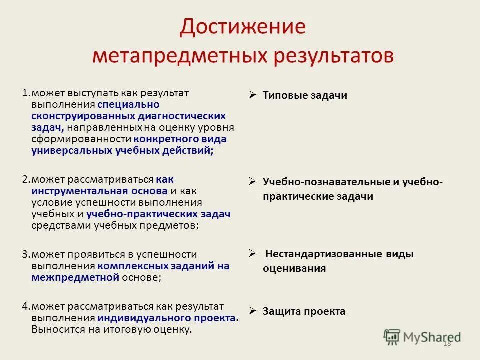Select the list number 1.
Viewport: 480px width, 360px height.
[25, 93]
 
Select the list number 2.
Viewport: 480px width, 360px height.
[25, 180]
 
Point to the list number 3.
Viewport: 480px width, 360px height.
[25, 255]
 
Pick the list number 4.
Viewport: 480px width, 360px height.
[25, 307]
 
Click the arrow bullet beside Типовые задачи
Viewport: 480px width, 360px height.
[252, 95]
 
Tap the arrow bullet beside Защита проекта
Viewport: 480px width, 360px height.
[252, 311]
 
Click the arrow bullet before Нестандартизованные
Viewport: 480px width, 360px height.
[252, 253]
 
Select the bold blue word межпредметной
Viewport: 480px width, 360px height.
[75, 278]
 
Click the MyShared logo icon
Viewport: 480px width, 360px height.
[393, 336]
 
